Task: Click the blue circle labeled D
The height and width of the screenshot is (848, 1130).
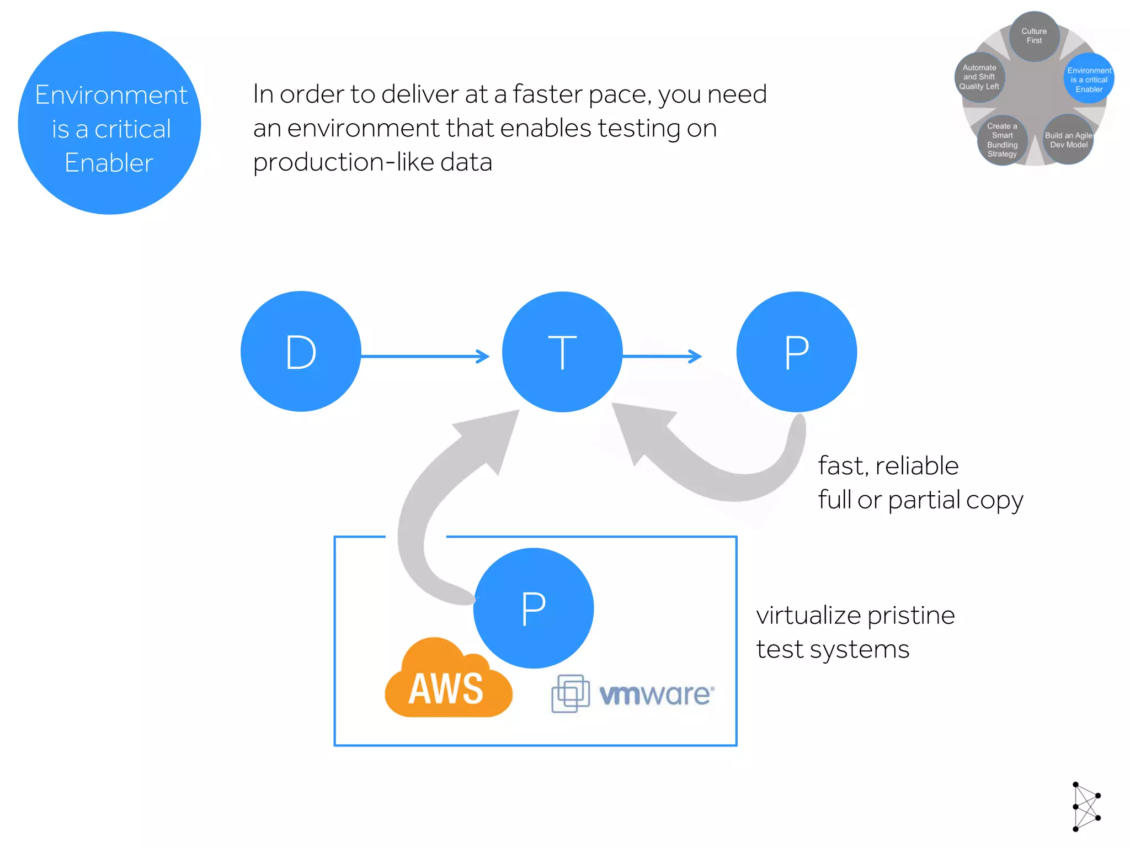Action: [x=301, y=352]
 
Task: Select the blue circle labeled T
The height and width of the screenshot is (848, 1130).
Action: [x=562, y=352]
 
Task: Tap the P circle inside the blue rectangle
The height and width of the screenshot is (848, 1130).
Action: [x=534, y=608]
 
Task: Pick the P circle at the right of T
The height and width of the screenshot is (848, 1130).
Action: [x=796, y=352]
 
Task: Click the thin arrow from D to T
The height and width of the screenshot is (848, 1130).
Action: [x=425, y=356]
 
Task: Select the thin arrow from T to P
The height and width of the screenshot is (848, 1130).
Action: [x=662, y=356]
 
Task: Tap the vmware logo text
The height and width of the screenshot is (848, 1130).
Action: [x=657, y=694]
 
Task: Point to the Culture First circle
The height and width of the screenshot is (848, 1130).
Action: [x=1034, y=36]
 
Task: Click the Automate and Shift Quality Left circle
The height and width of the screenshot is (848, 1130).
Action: [x=979, y=77]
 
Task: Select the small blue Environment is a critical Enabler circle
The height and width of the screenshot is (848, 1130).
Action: [x=1089, y=79]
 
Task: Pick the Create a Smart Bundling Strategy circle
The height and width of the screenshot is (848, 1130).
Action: [x=1002, y=140]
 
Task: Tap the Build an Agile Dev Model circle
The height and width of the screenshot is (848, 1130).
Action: [x=1068, y=140]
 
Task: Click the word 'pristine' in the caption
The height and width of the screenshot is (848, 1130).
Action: [x=910, y=616]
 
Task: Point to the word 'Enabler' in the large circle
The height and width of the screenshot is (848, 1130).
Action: [x=109, y=163]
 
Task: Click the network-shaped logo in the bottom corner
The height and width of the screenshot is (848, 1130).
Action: [x=1086, y=806]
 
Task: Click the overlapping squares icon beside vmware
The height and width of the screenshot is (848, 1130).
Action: [x=570, y=693]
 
